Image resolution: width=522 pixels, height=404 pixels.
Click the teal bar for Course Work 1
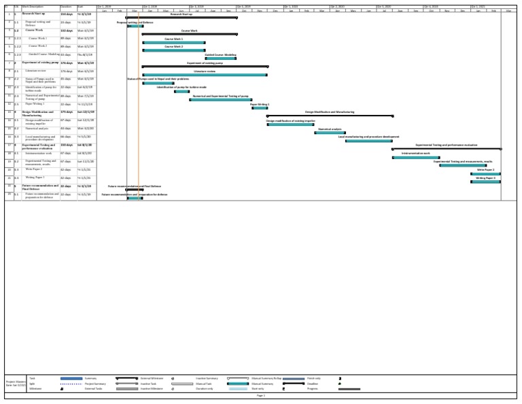[x=173, y=43]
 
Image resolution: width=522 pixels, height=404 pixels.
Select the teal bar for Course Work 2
[x=173, y=50]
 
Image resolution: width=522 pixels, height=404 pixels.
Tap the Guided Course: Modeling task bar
[x=220, y=58]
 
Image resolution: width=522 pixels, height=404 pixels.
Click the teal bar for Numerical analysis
[x=330, y=133]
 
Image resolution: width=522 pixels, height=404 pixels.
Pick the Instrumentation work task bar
[x=415, y=157]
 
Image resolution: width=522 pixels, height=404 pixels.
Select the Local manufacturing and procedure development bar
[x=368, y=141]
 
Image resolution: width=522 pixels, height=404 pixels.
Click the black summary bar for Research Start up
[x=181, y=18]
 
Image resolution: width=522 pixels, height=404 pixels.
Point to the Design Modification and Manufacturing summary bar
[x=330, y=116]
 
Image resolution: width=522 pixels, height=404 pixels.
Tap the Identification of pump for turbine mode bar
[x=181, y=91]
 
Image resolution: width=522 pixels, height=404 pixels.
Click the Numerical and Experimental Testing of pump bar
[x=220, y=99]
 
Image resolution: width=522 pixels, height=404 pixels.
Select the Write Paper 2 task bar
[x=485, y=173]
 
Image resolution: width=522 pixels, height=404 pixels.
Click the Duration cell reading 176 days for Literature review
[x=67, y=71]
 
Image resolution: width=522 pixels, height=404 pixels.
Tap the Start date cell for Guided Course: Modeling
[x=85, y=54]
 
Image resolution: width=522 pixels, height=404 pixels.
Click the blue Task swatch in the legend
[x=71, y=378]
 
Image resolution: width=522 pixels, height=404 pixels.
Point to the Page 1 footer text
[x=261, y=395]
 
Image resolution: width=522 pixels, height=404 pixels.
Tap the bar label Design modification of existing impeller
[x=290, y=120]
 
